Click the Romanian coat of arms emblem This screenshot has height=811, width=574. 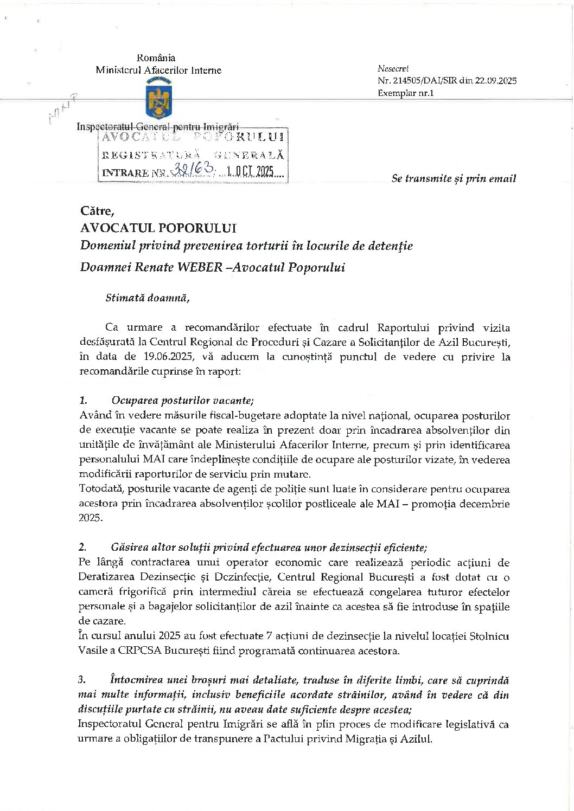159,99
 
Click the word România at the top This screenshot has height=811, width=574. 156,57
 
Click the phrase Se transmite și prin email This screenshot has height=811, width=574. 454,178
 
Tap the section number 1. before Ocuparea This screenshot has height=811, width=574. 84,401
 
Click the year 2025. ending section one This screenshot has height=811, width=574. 91,518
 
